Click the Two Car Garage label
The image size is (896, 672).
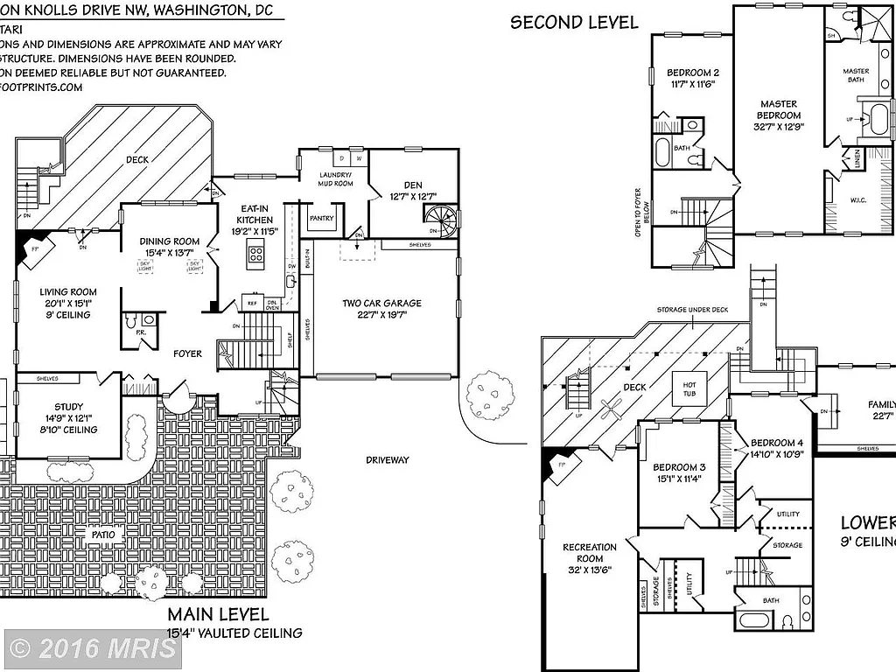[381, 304]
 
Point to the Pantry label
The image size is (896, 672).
[322, 218]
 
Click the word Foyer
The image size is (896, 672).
[187, 354]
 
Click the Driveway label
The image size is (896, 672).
[387, 459]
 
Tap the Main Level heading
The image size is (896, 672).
[218, 615]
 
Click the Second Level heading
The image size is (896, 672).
[574, 23]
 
